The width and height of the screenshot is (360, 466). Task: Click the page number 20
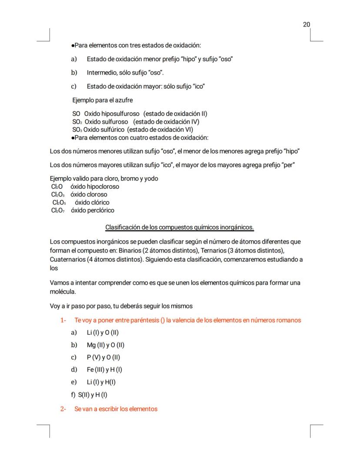click(x=307, y=24)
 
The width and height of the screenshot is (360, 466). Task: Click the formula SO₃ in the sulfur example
click(x=77, y=130)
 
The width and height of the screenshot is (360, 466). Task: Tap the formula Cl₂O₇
click(x=58, y=211)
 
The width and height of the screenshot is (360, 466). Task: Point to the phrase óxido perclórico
click(x=93, y=211)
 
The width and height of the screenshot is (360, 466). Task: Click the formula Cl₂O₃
click(x=58, y=194)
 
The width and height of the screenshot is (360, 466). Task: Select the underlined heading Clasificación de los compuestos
click(x=180, y=228)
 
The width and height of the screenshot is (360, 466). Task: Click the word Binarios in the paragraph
click(x=129, y=250)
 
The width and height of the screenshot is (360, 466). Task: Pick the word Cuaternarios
click(x=68, y=259)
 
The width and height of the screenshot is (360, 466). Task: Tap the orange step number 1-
click(x=63, y=320)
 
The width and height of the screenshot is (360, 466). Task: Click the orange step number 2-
click(x=63, y=409)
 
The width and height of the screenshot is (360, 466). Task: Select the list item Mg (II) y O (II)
click(x=106, y=345)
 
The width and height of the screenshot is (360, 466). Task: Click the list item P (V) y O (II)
click(x=103, y=358)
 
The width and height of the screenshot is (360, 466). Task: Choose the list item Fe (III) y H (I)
click(x=104, y=370)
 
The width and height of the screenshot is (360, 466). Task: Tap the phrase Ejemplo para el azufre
click(x=103, y=100)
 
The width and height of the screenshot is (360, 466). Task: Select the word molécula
click(x=63, y=292)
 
